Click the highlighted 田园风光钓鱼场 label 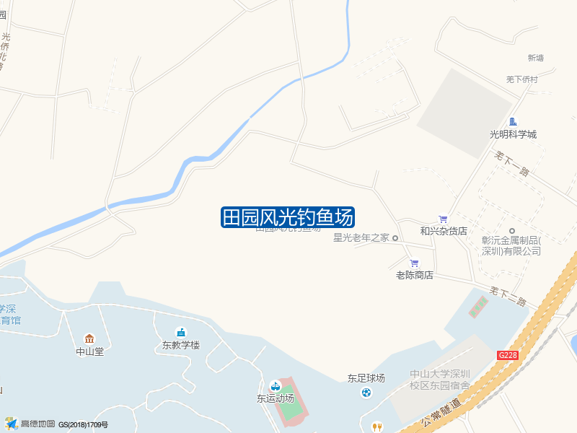[x=287, y=217]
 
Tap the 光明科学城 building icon [x=513, y=122]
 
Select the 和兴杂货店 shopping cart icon [x=443, y=219]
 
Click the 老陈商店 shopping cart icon [x=414, y=263]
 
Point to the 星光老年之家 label [x=361, y=237]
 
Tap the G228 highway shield [x=508, y=355]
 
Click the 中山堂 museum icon [x=89, y=339]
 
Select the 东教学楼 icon [x=180, y=332]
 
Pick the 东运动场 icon [x=275, y=386]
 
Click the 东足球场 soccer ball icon [x=366, y=392]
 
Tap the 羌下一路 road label [x=512, y=163]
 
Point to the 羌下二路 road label [x=508, y=295]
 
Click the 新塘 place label [x=536, y=58]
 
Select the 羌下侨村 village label [x=521, y=79]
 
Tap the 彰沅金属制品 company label [x=511, y=246]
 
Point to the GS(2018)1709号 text [x=83, y=424]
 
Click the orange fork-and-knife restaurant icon [x=376, y=427]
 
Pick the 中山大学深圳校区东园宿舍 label [x=439, y=380]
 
